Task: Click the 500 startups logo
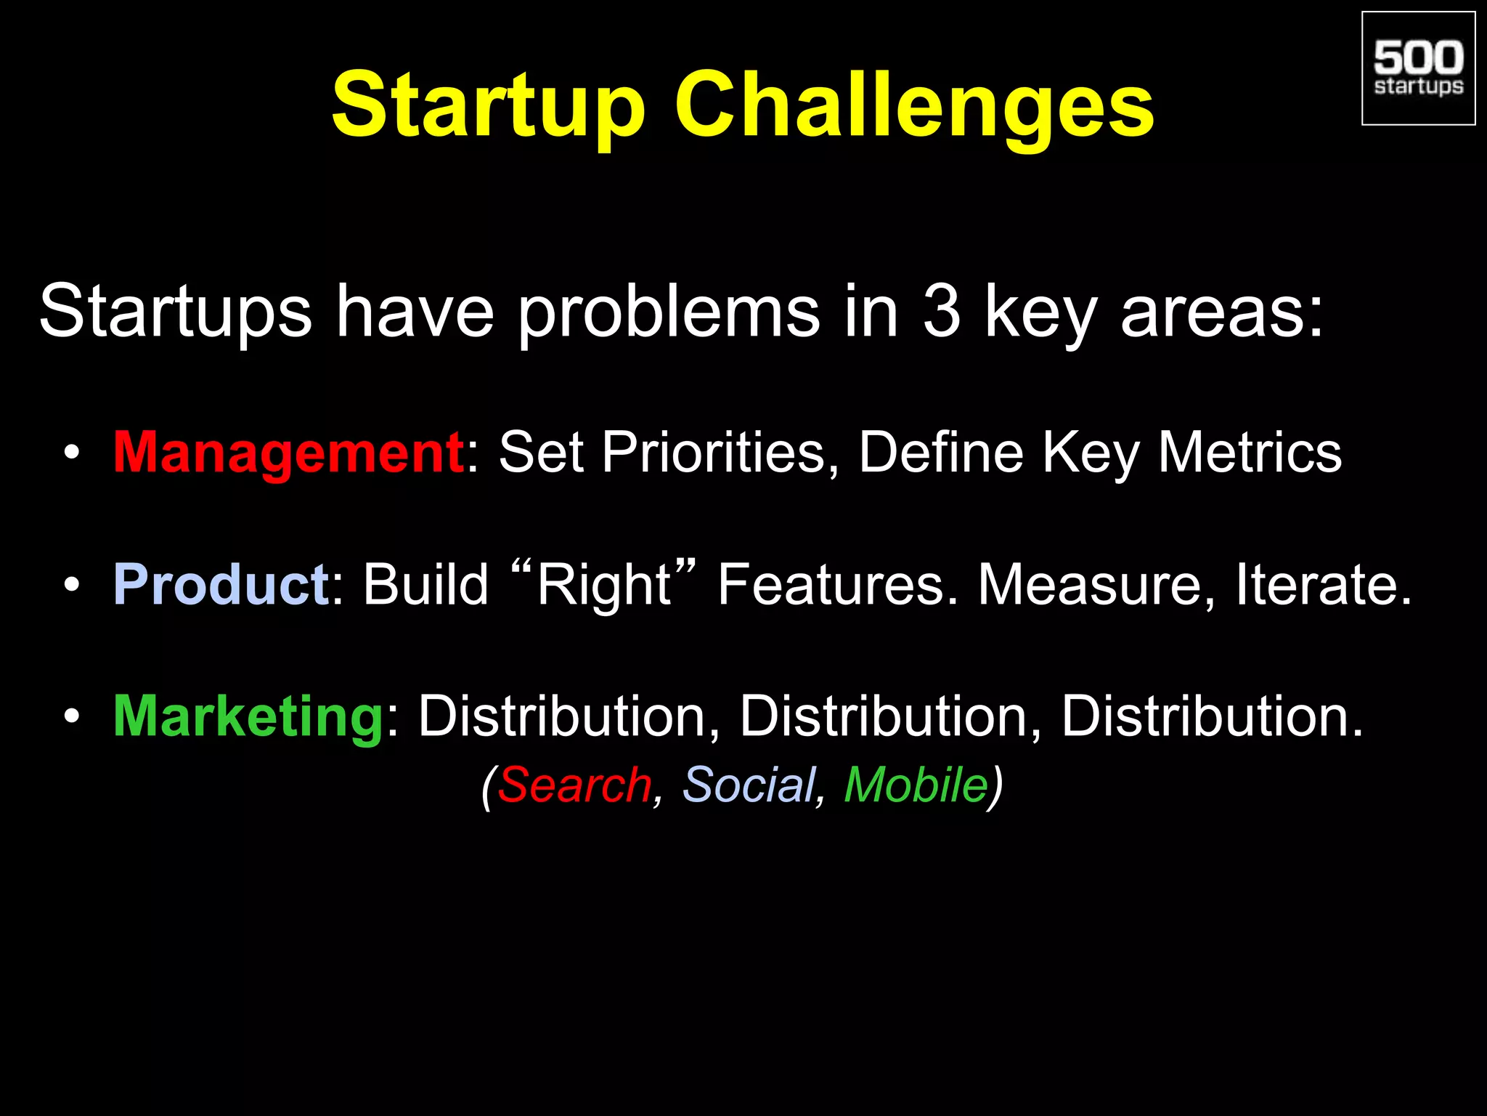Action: [1418, 68]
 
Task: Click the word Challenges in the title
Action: [914, 105]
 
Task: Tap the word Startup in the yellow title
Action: [488, 105]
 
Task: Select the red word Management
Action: [288, 453]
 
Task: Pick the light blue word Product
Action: [221, 585]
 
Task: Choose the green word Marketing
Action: [248, 717]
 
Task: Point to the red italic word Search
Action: [574, 785]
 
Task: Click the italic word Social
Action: [749, 785]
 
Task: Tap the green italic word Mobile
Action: [916, 785]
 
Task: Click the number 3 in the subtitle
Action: [942, 311]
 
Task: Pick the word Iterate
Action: [1323, 585]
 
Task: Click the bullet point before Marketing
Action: [71, 717]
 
